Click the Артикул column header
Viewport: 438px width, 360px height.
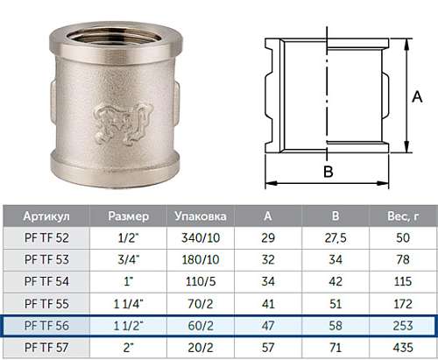[x=46, y=216]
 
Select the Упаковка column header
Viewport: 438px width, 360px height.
[x=201, y=216]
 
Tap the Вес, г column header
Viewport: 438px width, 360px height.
[x=403, y=216]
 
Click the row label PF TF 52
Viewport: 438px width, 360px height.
[x=46, y=237]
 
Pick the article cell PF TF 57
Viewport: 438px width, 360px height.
[x=46, y=348]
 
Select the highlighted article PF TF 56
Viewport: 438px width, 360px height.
[x=46, y=326]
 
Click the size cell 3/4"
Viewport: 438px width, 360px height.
[x=129, y=259]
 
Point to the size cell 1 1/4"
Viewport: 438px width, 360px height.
[x=129, y=304]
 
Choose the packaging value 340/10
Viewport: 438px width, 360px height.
[x=201, y=237]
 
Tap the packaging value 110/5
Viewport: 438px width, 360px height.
[x=201, y=281]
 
